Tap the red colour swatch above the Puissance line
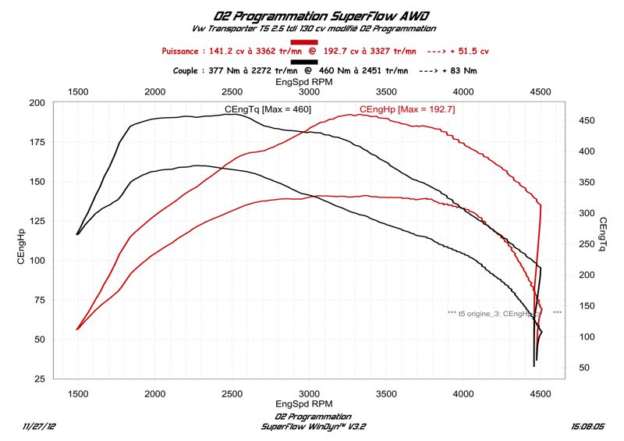(x=303, y=41)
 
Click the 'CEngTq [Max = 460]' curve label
(x=268, y=109)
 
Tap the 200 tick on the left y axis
(x=36, y=103)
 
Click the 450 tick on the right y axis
(x=588, y=120)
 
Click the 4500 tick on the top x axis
(x=541, y=91)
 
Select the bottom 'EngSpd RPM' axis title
(x=306, y=404)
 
